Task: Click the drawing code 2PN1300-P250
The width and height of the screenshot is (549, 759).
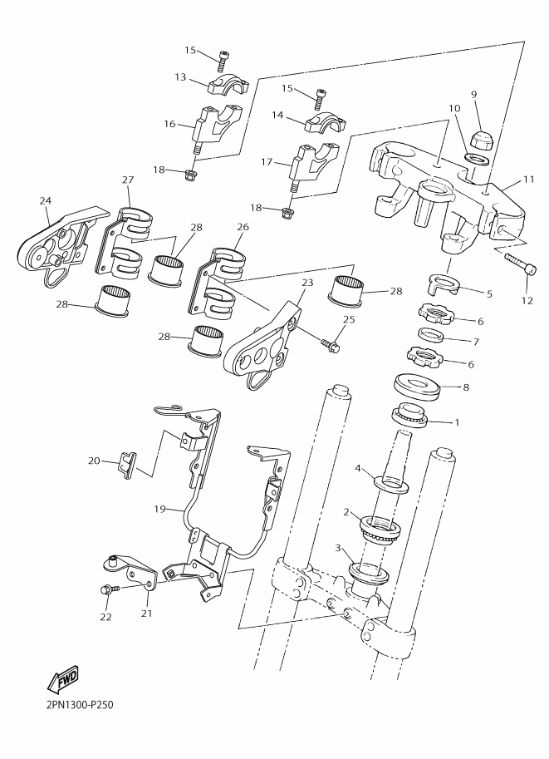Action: pos(74,705)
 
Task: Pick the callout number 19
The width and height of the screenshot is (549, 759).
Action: pos(159,508)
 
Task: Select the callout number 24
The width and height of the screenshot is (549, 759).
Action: pos(45,201)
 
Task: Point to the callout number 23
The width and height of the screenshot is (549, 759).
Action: pos(307,283)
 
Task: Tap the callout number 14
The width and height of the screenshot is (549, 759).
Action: pos(278,116)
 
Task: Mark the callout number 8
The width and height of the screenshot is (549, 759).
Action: pos(465,387)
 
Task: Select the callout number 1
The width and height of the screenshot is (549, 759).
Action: pos(456,422)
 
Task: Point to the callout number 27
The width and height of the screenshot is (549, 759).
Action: pos(128,180)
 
